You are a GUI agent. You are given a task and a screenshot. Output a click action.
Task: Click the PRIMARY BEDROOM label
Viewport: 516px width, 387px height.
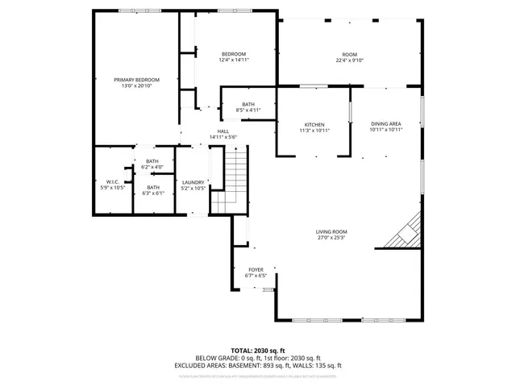[x=136, y=80]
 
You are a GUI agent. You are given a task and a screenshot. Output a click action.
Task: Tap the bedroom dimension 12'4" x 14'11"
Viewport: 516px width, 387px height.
[x=233, y=60]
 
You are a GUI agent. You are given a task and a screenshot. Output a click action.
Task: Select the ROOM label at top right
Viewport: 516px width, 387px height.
[x=350, y=54]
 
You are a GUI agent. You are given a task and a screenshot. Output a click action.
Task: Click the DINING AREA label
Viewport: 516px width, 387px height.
[x=385, y=123]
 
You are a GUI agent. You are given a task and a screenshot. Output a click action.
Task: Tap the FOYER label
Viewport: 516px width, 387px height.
[x=256, y=270]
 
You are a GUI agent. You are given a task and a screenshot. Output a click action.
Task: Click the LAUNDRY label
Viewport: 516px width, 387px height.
[x=193, y=182]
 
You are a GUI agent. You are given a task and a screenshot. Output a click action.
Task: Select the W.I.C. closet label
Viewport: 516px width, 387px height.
[x=112, y=182]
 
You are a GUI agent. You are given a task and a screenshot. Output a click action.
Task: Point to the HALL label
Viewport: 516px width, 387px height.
[x=223, y=131]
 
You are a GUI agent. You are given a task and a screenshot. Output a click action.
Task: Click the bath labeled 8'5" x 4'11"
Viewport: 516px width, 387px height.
[x=248, y=106]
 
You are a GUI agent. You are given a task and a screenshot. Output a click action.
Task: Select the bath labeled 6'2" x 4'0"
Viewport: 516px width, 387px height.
[x=152, y=164]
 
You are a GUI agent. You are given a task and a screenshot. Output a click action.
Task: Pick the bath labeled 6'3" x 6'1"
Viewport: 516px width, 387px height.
[x=152, y=190]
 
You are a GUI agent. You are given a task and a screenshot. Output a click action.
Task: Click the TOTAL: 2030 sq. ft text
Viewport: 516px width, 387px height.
[x=258, y=350]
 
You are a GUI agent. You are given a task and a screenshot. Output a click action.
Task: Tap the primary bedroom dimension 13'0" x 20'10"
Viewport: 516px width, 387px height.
[x=136, y=85]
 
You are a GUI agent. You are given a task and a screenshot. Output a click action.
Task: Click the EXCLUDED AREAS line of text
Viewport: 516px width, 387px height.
[x=258, y=364]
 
